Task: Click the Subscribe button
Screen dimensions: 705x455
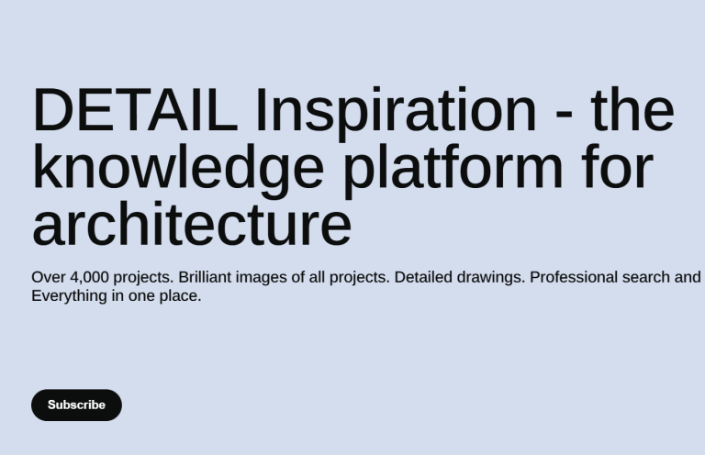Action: (x=76, y=405)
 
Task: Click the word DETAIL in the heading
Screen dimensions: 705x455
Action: (x=135, y=110)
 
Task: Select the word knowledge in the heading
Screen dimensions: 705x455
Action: (x=178, y=171)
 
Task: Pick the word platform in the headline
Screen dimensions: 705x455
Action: (x=453, y=171)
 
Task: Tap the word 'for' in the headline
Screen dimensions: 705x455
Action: (x=617, y=167)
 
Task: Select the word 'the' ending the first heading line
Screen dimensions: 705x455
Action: (x=632, y=110)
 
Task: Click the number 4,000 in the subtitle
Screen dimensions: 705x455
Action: (x=89, y=278)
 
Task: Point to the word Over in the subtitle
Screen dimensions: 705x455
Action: (x=49, y=277)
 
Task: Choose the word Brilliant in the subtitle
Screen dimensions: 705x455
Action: (x=205, y=277)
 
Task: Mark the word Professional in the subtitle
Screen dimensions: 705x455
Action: (x=574, y=277)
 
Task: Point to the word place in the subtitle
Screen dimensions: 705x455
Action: (x=178, y=297)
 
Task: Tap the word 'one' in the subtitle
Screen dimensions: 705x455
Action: (x=141, y=297)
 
